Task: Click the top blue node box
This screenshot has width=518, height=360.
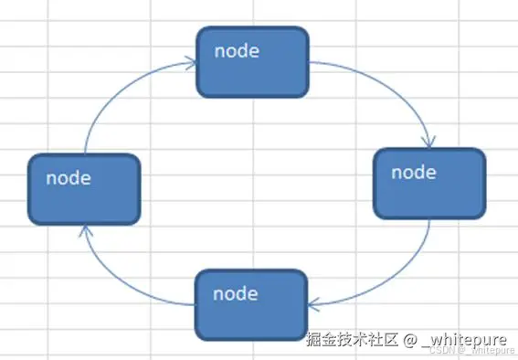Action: pyautogui.click(x=253, y=61)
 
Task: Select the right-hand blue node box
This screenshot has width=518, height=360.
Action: pyautogui.click(x=428, y=182)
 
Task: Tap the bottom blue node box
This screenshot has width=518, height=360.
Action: pyautogui.click(x=251, y=304)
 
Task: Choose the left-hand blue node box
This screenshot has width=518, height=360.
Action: pyautogui.click(x=83, y=189)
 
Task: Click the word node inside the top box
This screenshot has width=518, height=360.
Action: pyautogui.click(x=237, y=50)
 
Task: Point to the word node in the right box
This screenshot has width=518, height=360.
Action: pyautogui.click(x=413, y=171)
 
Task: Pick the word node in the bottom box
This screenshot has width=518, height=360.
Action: pyautogui.click(x=235, y=294)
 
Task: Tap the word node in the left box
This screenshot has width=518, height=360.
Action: pyautogui.click(x=68, y=178)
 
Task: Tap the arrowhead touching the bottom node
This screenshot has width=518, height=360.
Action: pyautogui.click(x=313, y=303)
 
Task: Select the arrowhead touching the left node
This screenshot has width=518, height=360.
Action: pyautogui.click(x=83, y=229)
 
